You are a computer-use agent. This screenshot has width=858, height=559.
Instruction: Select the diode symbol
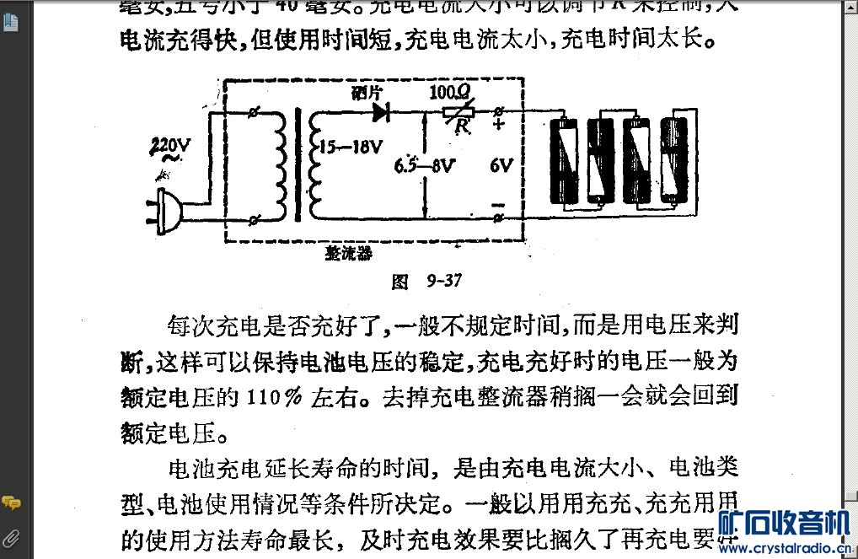pos(381,111)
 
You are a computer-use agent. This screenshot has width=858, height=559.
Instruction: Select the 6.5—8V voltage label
pos(425,166)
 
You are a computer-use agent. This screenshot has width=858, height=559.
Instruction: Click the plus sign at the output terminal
pos(498,126)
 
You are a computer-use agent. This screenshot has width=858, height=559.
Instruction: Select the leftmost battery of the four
pos(565,160)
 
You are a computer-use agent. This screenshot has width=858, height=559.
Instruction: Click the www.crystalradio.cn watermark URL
pos(788,550)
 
